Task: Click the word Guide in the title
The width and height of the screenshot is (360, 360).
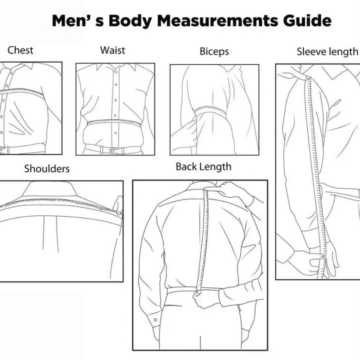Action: (307, 20)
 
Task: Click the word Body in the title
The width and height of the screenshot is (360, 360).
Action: (130, 21)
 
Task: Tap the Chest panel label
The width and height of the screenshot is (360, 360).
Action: (20, 50)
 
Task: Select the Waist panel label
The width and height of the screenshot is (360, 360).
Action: (112, 50)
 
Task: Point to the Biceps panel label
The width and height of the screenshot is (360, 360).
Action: (214, 51)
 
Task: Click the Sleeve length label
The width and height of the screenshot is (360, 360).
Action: (327, 52)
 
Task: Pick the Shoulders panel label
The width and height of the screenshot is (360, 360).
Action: (47, 169)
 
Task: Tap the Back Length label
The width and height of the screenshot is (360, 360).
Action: (204, 167)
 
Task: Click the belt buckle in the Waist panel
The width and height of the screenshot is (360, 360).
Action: (113, 151)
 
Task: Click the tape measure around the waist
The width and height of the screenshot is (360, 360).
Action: (114, 122)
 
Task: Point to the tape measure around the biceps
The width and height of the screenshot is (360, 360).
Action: (210, 110)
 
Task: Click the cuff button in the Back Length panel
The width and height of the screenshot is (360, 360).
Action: (156, 320)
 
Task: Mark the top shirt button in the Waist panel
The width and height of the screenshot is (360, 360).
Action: (116, 72)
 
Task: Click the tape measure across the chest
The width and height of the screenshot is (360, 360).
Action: (22, 92)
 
